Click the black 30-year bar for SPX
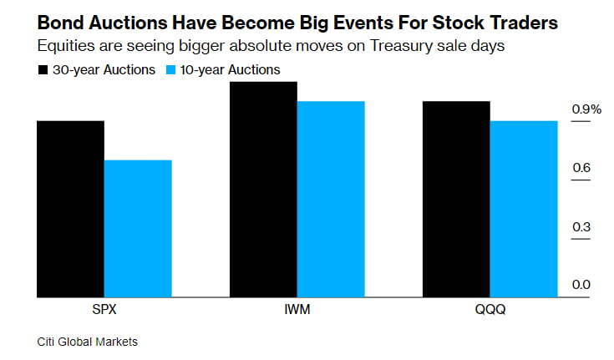(70, 209)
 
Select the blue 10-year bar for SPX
(138, 228)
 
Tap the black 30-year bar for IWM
(263, 189)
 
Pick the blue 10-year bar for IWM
(331, 199)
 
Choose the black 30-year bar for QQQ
(456, 199)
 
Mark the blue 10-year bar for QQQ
(523, 209)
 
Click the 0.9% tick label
(586, 109)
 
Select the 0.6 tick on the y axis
(581, 168)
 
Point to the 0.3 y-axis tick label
(581, 226)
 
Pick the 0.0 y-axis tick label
(581, 285)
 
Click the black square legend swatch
(43, 70)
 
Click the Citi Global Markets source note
(87, 342)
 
